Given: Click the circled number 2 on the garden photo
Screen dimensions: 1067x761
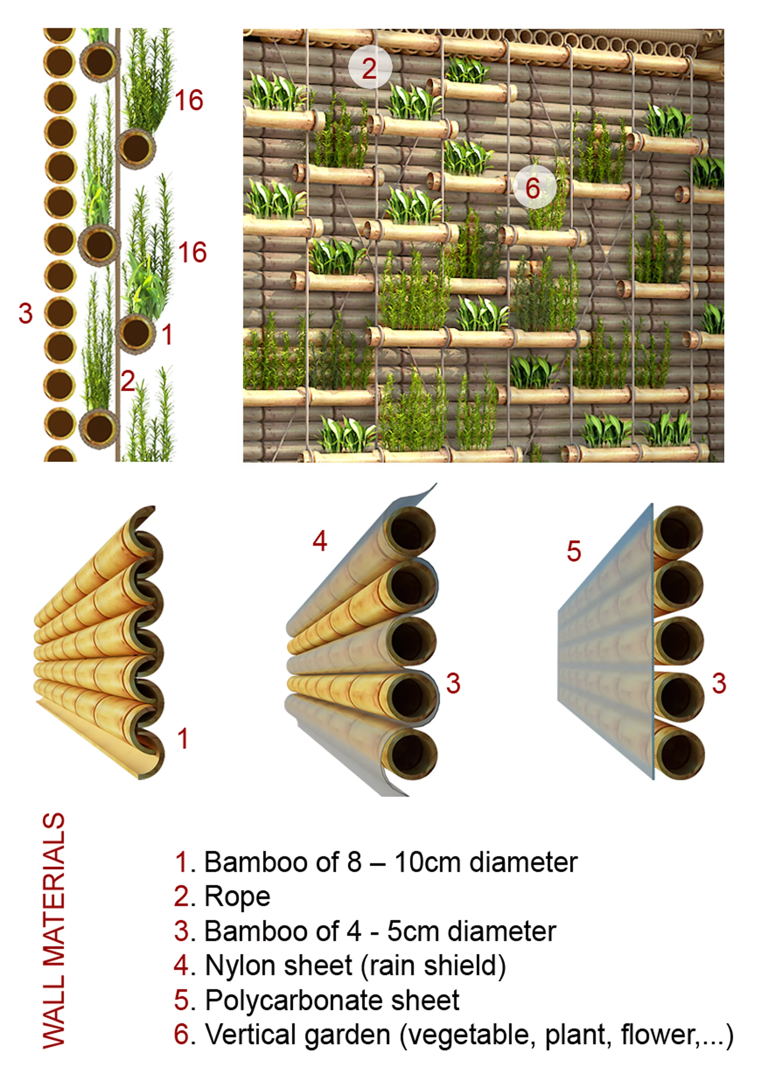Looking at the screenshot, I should point(370,68).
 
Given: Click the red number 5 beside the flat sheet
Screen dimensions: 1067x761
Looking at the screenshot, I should point(574,551).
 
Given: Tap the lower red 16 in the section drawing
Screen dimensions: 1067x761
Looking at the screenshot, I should point(192,253).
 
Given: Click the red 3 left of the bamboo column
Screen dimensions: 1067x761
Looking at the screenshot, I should point(26,313).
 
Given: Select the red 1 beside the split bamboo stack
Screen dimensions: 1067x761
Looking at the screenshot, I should point(183,739).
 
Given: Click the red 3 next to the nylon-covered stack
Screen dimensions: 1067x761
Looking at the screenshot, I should point(453,684).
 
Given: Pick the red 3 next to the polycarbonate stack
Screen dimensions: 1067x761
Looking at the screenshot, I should point(719,684).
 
